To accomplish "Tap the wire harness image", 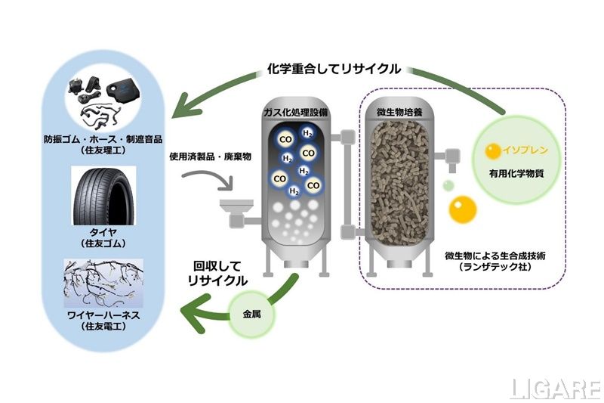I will (103, 290).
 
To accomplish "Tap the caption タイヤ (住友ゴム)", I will (103, 237).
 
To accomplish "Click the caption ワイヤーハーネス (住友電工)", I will (103, 333).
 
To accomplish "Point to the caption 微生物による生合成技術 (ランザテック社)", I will (496, 262).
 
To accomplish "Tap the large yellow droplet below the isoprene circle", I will (460, 209).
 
